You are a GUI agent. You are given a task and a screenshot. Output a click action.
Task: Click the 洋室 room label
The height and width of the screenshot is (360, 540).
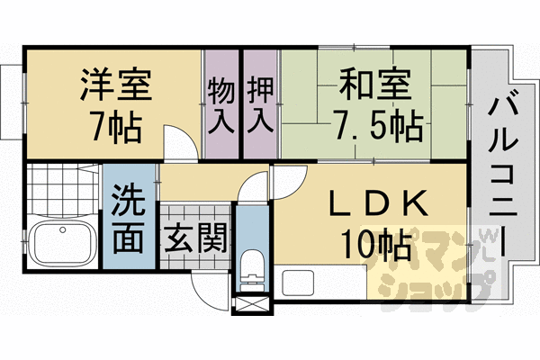(x=116, y=85)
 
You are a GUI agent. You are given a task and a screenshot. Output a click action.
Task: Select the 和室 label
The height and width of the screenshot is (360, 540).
(x=375, y=84)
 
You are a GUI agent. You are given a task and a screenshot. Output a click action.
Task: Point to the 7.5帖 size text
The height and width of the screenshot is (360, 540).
(x=377, y=125)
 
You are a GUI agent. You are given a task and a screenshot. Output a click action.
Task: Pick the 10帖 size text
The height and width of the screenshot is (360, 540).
(x=376, y=244)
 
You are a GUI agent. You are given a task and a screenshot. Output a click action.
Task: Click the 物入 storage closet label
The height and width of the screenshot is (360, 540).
(x=221, y=105)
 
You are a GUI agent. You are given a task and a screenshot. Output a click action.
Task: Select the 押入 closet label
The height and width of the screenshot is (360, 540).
(x=260, y=105)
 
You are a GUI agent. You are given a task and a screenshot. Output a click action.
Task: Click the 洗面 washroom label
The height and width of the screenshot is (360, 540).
(x=128, y=219)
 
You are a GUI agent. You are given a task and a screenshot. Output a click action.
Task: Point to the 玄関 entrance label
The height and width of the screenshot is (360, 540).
(x=195, y=238)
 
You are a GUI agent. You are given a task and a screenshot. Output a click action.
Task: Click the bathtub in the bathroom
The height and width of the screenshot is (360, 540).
(x=62, y=242)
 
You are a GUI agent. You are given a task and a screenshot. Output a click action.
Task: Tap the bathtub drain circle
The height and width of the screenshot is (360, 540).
(x=62, y=229)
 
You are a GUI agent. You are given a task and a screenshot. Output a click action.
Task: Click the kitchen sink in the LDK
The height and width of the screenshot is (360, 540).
(x=298, y=283)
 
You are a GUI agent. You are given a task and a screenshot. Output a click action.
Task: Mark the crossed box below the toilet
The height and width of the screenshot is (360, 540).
(x=252, y=304)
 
